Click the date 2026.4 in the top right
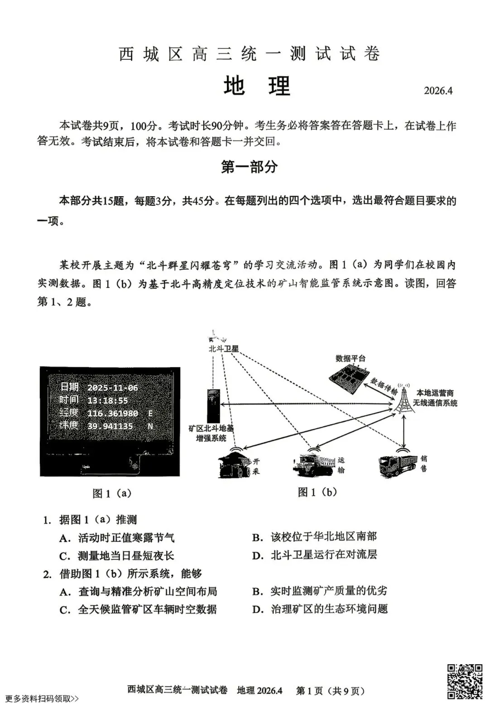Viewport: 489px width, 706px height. tap(438, 90)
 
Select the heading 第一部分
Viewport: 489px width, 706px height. tap(249, 167)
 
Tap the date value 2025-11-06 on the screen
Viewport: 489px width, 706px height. tap(112, 387)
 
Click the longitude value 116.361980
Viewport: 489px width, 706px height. tap(113, 413)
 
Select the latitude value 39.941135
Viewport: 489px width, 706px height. tap(110, 426)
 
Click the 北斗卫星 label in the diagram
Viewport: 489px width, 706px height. tap(223, 348)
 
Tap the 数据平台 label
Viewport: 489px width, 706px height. tap(350, 358)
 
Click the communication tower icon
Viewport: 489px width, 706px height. tap(404, 399)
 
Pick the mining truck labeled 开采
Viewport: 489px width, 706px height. tap(235, 464)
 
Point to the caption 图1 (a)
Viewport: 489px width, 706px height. tap(112, 493)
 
